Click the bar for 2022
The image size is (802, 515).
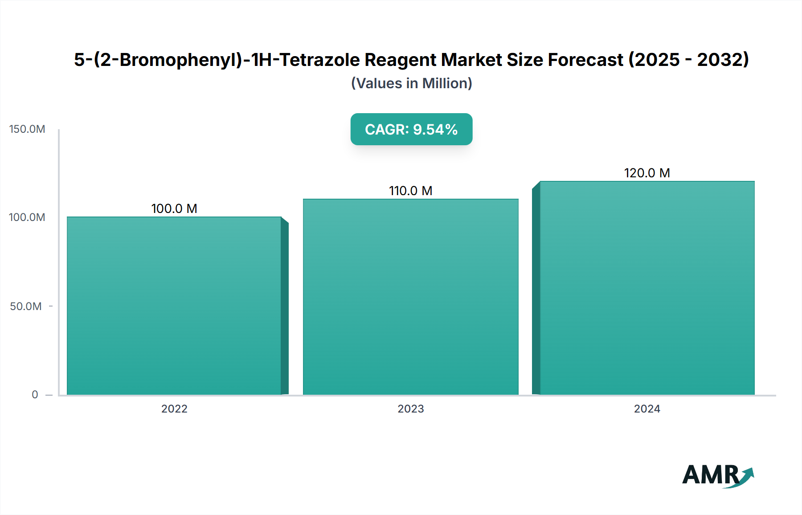[x=174, y=306]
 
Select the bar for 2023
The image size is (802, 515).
[x=410, y=297]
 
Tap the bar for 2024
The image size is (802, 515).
[x=647, y=288]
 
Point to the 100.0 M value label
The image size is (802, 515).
[x=174, y=208]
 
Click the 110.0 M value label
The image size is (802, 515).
[x=410, y=191]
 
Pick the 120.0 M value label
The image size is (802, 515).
[x=647, y=173]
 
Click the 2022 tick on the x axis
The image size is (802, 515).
[x=174, y=409]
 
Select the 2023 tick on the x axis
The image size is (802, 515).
[x=410, y=409]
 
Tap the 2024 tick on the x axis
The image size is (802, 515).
[x=647, y=409]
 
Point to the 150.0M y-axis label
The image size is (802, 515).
[x=27, y=129]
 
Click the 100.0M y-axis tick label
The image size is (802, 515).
[x=27, y=217]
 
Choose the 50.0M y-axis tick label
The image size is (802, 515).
[x=26, y=307]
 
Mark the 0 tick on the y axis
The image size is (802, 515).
[x=35, y=395]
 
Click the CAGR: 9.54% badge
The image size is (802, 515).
[x=411, y=129]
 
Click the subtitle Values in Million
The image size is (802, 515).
[x=411, y=83]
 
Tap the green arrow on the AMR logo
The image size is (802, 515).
[x=747, y=476]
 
